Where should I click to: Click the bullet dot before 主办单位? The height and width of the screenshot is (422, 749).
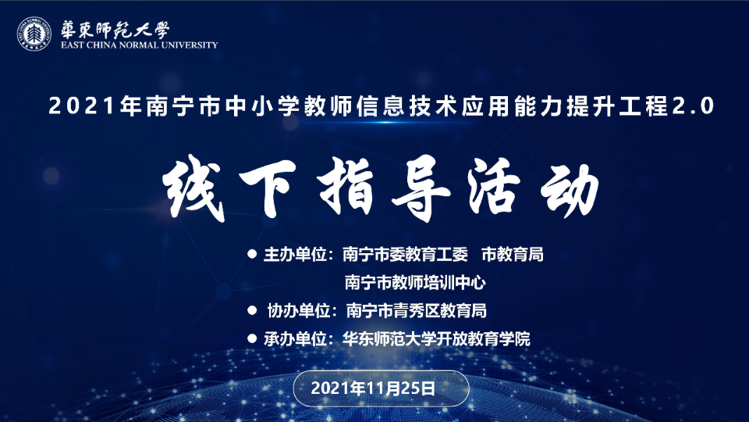pyautogui.click(x=251, y=254)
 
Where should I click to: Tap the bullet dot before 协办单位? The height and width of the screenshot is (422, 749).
pyautogui.click(x=251, y=310)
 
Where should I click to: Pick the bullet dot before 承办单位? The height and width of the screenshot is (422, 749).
pyautogui.click(x=251, y=338)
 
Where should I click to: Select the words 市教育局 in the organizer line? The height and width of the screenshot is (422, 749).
pyautogui.click(x=513, y=255)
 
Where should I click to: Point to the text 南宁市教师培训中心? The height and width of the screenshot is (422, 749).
pyautogui.click(x=420, y=282)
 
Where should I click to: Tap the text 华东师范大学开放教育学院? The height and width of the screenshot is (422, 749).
pyautogui.click(x=436, y=339)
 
